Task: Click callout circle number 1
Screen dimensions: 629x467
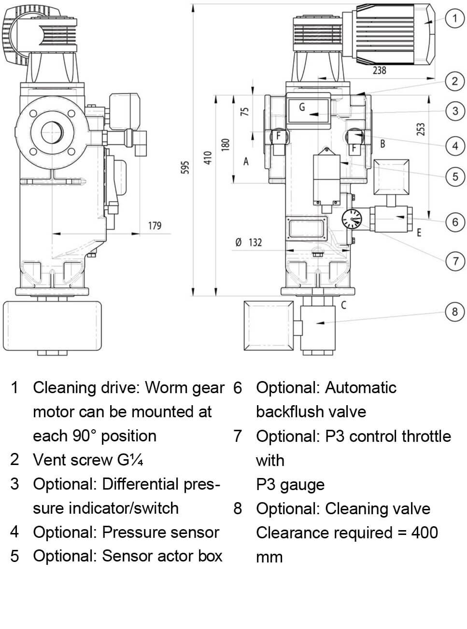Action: pos(454,19)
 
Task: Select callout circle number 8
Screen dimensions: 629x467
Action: pos(454,312)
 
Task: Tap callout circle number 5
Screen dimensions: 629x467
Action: pos(454,177)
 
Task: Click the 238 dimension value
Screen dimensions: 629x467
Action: pos(380,70)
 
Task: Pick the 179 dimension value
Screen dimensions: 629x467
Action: pos(155,225)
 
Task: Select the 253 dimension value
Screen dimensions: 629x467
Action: pos(421,130)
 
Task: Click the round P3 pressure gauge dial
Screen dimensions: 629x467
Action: pos(352,219)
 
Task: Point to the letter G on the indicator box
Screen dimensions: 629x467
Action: pos(302,107)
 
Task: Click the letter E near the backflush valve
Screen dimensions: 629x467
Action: pos(419,232)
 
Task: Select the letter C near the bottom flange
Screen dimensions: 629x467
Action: pos(343,305)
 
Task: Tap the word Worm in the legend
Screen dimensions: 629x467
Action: pos(166,387)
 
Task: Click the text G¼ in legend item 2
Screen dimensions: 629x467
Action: pos(130,460)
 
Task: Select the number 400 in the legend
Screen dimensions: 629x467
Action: pos(425,533)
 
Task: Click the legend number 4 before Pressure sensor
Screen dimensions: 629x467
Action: pos(15,532)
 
